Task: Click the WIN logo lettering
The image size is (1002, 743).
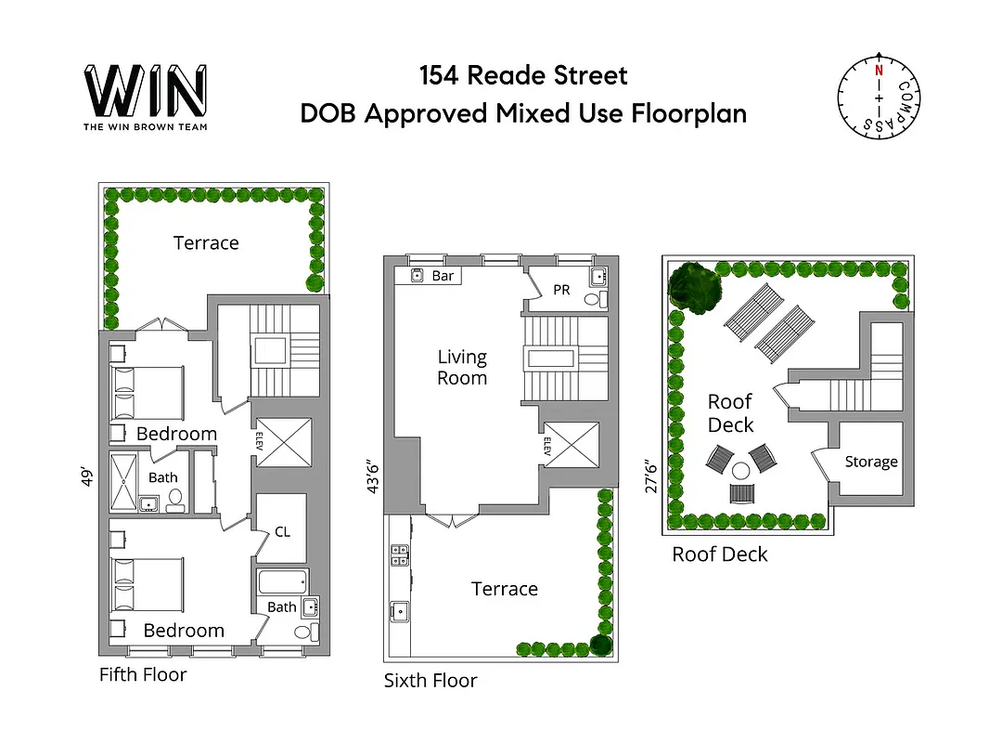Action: pyautogui.click(x=146, y=90)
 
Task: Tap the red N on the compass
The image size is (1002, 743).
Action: pyautogui.click(x=877, y=70)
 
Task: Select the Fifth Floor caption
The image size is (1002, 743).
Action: pyautogui.click(x=143, y=674)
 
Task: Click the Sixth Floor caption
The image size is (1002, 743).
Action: pyautogui.click(x=430, y=681)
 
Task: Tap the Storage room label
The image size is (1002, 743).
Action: pyautogui.click(x=871, y=462)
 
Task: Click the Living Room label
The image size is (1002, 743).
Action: pyautogui.click(x=462, y=368)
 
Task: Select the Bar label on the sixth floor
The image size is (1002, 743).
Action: pyautogui.click(x=443, y=276)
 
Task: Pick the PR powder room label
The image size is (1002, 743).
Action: pyautogui.click(x=561, y=291)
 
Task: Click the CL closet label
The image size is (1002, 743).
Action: pyautogui.click(x=283, y=532)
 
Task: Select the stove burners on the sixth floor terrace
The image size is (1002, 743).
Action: pyautogui.click(x=401, y=554)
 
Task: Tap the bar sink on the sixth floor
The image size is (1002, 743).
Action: pyautogui.click(x=417, y=276)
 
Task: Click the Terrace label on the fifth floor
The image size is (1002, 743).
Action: pyautogui.click(x=206, y=243)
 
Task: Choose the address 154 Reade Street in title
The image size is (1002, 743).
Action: pyautogui.click(x=523, y=76)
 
